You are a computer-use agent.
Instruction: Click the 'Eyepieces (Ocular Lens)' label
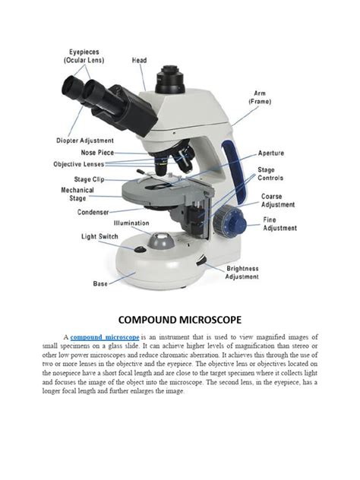click(x=83, y=55)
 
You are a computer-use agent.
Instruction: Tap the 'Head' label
click(x=140, y=60)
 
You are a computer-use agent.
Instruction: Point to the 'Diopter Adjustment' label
click(x=85, y=141)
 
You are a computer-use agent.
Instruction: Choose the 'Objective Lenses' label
click(x=79, y=164)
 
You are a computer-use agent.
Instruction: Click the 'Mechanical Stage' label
click(x=79, y=194)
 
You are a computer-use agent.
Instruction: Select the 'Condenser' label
click(x=93, y=212)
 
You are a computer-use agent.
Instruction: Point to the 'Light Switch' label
click(x=99, y=236)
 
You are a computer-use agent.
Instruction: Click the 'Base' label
click(x=100, y=283)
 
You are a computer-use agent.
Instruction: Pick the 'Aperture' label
click(x=271, y=153)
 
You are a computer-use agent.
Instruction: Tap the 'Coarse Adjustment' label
click(x=278, y=200)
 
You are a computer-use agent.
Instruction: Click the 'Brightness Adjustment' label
click(x=242, y=273)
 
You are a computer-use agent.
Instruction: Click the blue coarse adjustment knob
click(x=226, y=223)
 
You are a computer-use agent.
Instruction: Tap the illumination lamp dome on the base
click(x=160, y=241)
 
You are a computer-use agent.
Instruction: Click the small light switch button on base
click(x=140, y=249)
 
